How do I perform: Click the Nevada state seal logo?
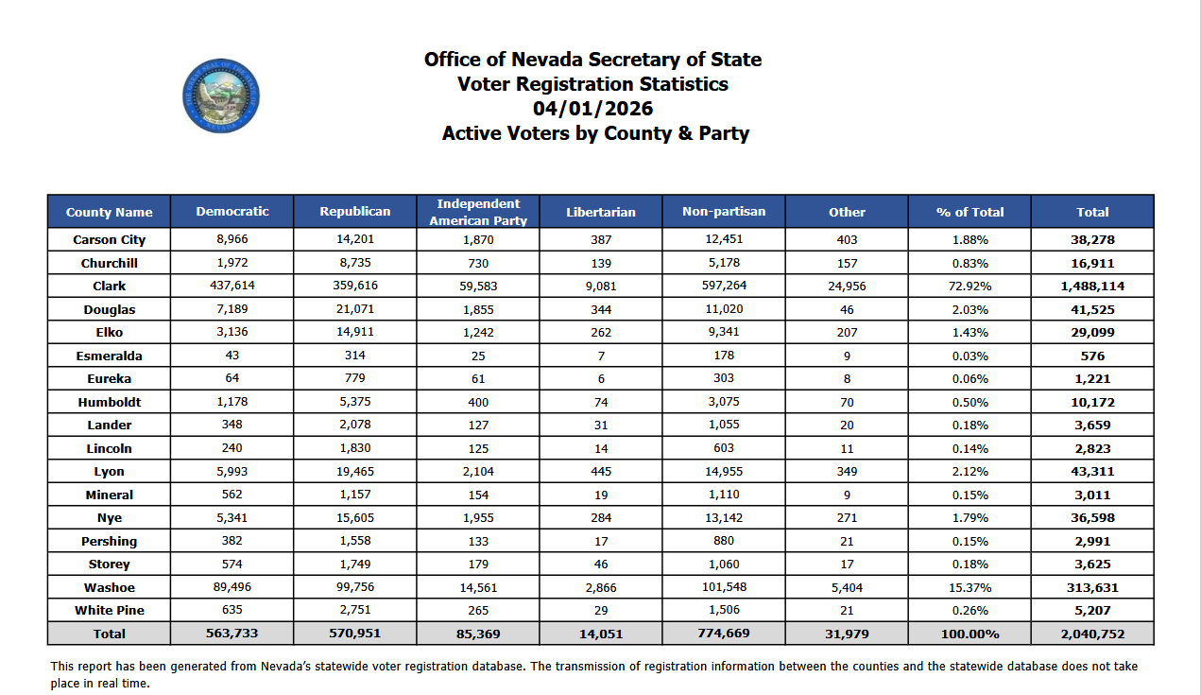point(220,95)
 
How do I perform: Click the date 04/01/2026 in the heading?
point(592,109)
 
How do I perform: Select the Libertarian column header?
point(600,212)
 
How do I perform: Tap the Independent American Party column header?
point(478,212)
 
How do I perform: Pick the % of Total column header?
point(969,212)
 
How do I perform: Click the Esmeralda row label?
point(109,356)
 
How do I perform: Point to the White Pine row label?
point(109,610)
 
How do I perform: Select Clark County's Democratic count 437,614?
point(232,286)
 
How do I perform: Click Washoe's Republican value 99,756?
point(354,587)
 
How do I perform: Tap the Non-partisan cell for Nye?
point(724,517)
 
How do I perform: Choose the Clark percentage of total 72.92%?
point(969,286)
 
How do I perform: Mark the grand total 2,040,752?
point(1092,634)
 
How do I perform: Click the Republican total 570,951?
point(354,634)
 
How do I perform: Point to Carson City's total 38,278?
point(1092,239)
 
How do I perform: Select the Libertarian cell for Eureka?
point(600,378)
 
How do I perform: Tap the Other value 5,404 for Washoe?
point(847,587)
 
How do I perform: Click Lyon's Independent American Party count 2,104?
point(478,471)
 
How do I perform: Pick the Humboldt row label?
point(109,402)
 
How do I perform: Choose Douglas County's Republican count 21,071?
point(354,309)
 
